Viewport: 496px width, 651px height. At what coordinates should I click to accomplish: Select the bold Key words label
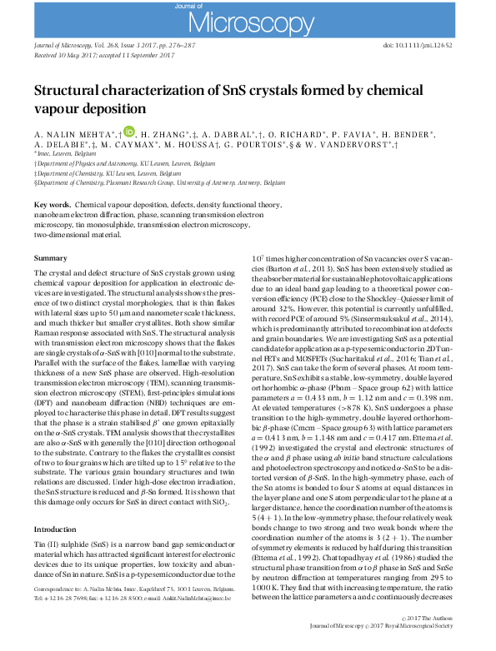pos(52,204)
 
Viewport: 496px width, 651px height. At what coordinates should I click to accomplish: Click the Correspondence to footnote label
pos(61,588)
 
